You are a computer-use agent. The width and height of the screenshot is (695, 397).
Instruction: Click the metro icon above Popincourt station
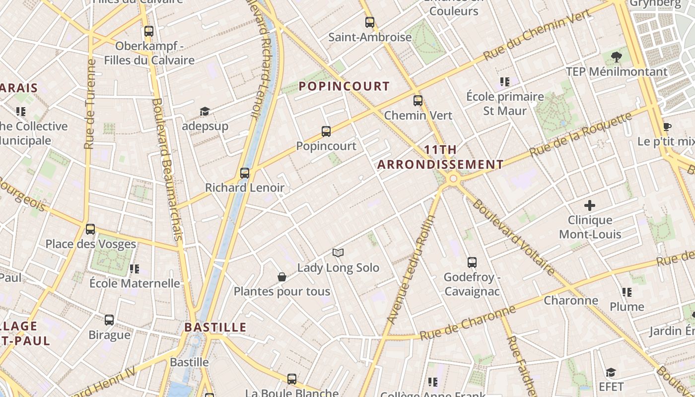click(x=326, y=132)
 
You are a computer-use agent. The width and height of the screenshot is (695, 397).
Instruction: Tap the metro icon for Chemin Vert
click(x=418, y=101)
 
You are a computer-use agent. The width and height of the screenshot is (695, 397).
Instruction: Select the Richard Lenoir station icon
click(x=245, y=173)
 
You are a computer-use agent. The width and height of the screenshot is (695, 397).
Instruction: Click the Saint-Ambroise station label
click(x=370, y=37)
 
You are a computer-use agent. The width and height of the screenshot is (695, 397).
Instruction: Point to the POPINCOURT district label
click(x=344, y=86)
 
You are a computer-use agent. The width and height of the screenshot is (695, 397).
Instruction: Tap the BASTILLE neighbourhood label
click(x=215, y=328)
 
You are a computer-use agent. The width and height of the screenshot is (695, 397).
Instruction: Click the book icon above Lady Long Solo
click(x=338, y=253)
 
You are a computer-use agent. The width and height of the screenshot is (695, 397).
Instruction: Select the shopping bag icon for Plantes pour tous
click(x=282, y=277)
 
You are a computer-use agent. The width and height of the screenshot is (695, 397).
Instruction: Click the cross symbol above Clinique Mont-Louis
click(x=590, y=205)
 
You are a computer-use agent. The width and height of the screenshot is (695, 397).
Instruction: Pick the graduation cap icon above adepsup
click(x=205, y=111)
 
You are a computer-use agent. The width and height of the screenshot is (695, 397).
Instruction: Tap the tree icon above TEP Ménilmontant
click(x=617, y=57)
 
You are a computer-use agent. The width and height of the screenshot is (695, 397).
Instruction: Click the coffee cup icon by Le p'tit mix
click(x=667, y=127)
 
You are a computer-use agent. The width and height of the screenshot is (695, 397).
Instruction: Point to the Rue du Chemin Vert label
click(x=537, y=35)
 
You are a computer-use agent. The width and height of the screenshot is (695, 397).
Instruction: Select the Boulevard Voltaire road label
click(x=513, y=237)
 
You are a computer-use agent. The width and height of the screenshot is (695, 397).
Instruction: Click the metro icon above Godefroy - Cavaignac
click(x=472, y=263)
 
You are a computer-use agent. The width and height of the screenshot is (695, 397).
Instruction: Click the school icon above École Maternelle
click(x=135, y=269)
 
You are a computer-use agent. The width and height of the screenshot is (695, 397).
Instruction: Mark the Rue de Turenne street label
click(x=90, y=104)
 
